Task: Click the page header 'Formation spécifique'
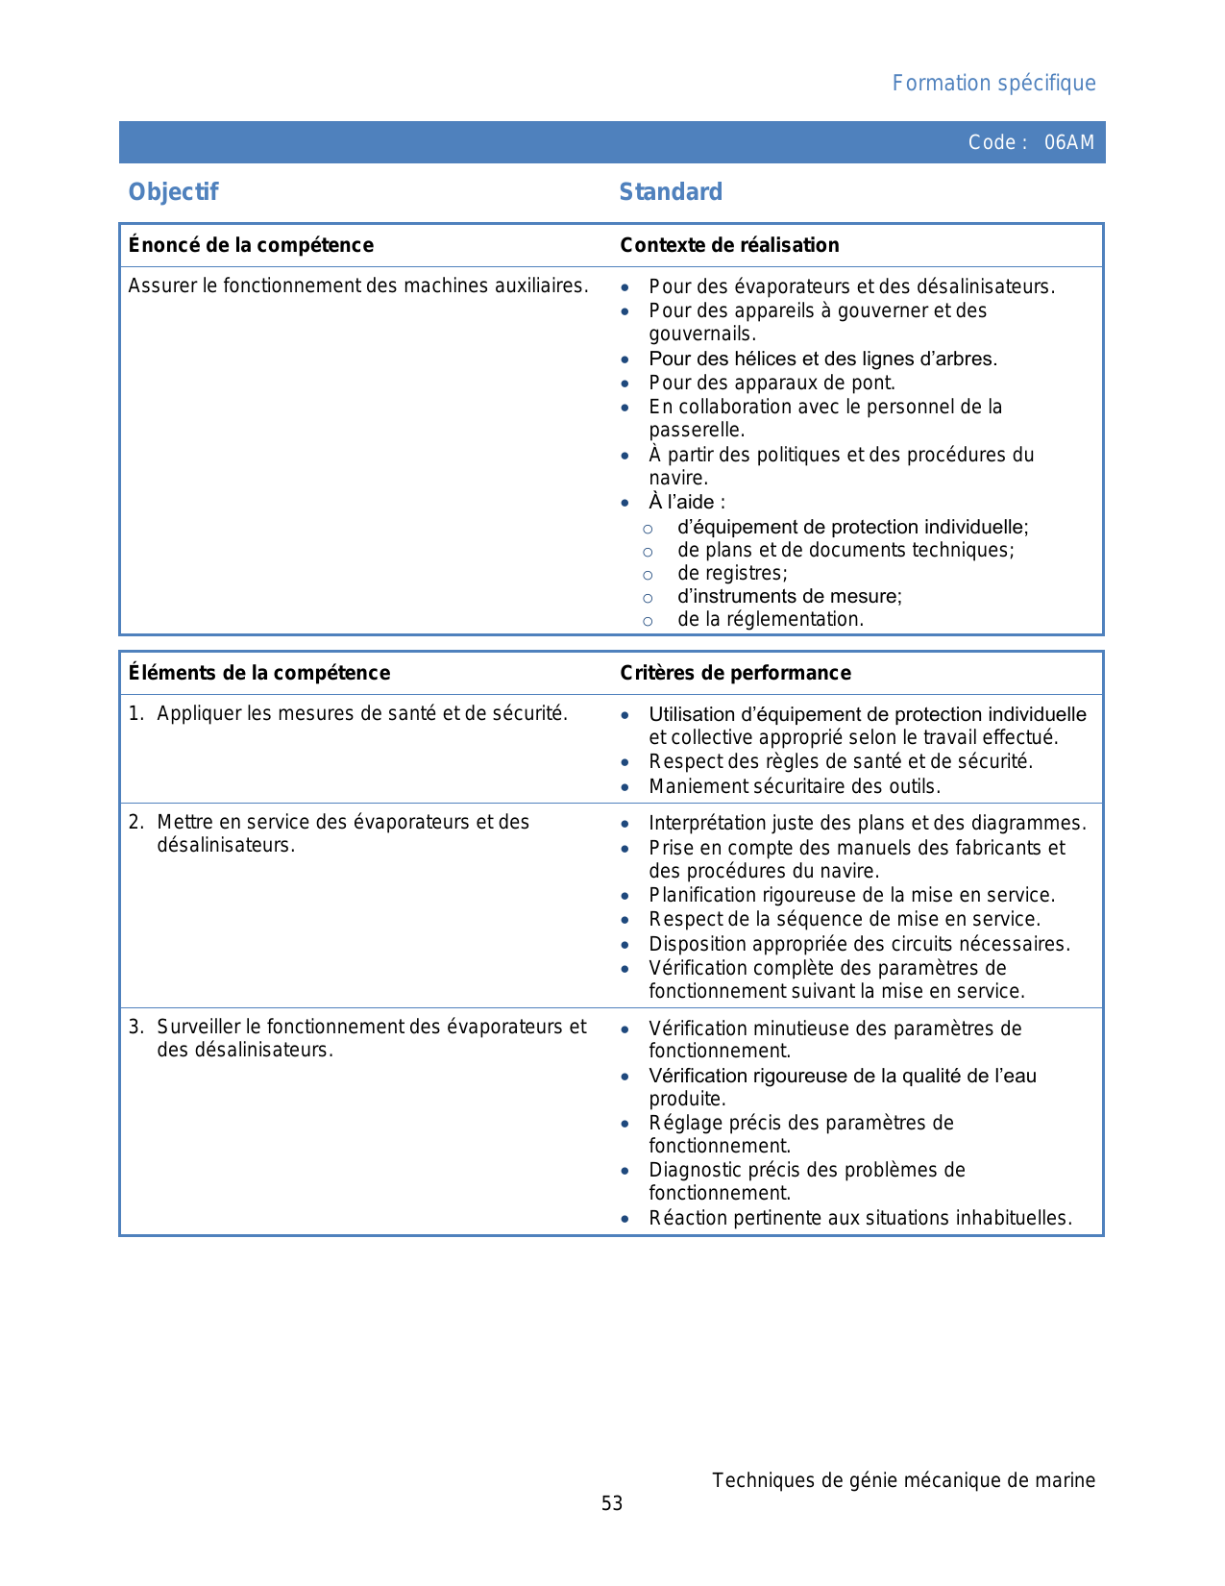(x=993, y=84)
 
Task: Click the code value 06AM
(x=1068, y=143)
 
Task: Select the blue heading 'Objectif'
(x=174, y=192)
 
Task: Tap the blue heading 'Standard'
(x=671, y=192)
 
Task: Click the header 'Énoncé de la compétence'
(x=251, y=245)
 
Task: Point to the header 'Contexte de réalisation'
(x=729, y=245)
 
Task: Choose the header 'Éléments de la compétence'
(x=259, y=673)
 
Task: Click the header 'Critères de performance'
(x=735, y=673)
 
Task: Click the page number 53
(x=612, y=1504)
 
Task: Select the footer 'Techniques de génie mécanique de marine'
(x=903, y=1480)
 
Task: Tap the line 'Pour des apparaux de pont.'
(x=772, y=383)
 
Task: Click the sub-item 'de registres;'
(x=732, y=574)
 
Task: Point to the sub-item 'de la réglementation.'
(x=771, y=620)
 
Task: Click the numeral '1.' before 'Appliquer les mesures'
(x=136, y=713)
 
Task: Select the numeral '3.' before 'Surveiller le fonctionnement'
(x=136, y=1027)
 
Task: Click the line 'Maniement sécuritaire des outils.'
(x=795, y=786)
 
